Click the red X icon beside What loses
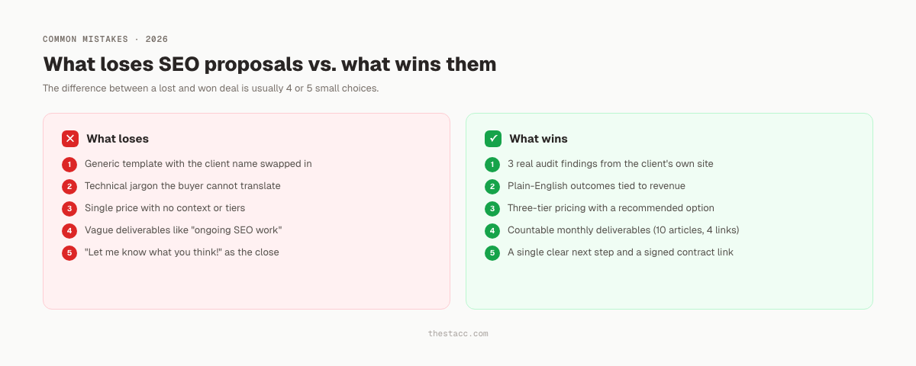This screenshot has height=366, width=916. [70, 139]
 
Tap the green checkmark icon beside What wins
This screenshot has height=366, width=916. [493, 139]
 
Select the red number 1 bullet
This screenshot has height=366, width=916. [69, 164]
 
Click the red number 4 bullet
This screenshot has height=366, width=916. [69, 230]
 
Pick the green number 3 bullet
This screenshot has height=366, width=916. [492, 208]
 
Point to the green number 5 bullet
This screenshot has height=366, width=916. [492, 252]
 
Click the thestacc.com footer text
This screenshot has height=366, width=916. [458, 334]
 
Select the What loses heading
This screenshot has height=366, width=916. [118, 139]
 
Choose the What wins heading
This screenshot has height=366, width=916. [538, 139]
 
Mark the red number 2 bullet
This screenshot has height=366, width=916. [69, 186]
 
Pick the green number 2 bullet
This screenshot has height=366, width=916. [492, 186]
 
